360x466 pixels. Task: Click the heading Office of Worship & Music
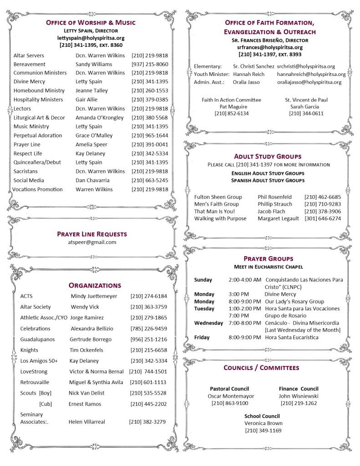click(91, 22)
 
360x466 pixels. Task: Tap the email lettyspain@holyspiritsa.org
click(91, 38)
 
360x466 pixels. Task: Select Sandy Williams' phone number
click(150, 64)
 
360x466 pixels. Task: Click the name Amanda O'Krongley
click(99, 117)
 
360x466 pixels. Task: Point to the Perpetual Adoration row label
click(38, 135)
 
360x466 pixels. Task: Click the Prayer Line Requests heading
click(92, 234)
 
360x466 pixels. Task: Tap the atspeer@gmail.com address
click(92, 242)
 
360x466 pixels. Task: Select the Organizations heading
click(95, 285)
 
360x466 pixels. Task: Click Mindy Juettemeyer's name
click(94, 296)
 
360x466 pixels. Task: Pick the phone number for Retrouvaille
click(148, 382)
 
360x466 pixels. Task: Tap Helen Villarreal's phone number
click(147, 422)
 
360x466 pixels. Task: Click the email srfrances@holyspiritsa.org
click(270, 47)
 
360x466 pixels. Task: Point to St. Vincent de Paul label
click(306, 100)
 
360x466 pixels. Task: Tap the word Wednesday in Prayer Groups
click(208, 323)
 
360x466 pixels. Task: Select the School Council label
click(262, 416)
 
